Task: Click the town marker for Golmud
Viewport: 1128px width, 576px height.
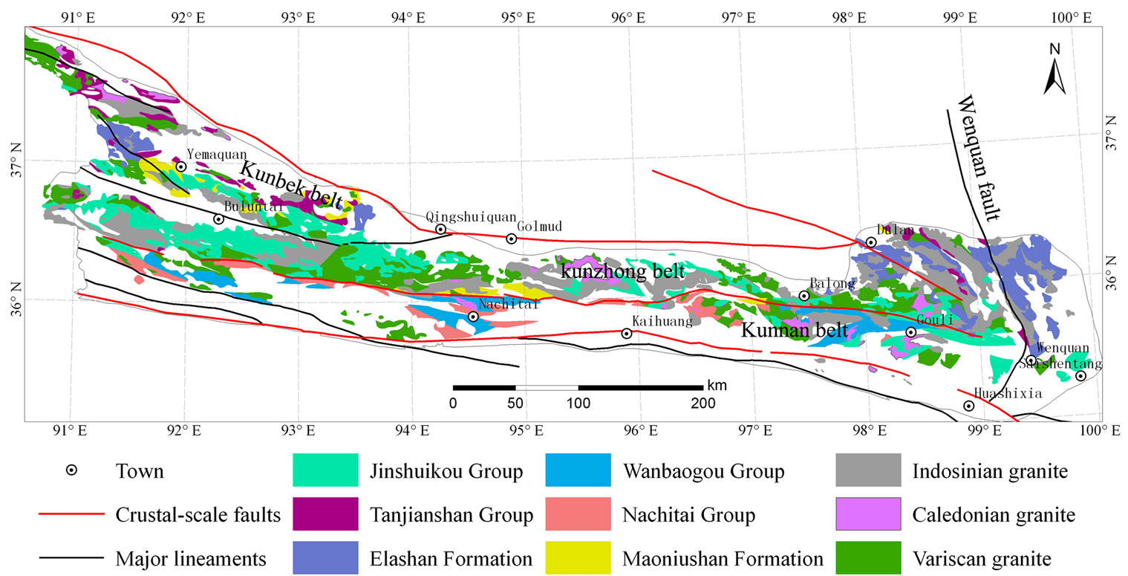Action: (511, 239)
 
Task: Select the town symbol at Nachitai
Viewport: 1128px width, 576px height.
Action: (473, 317)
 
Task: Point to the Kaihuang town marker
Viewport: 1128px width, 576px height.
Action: (627, 333)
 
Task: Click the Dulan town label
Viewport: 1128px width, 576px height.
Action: (895, 230)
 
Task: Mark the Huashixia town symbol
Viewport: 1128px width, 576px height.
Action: (969, 406)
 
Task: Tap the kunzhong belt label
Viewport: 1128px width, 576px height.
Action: (622, 272)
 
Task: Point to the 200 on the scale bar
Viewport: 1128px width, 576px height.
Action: (702, 404)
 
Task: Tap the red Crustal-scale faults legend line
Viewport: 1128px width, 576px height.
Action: (69, 514)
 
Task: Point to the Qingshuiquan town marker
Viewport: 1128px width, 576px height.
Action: (440, 229)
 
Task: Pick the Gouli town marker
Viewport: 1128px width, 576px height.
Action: (911, 332)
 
